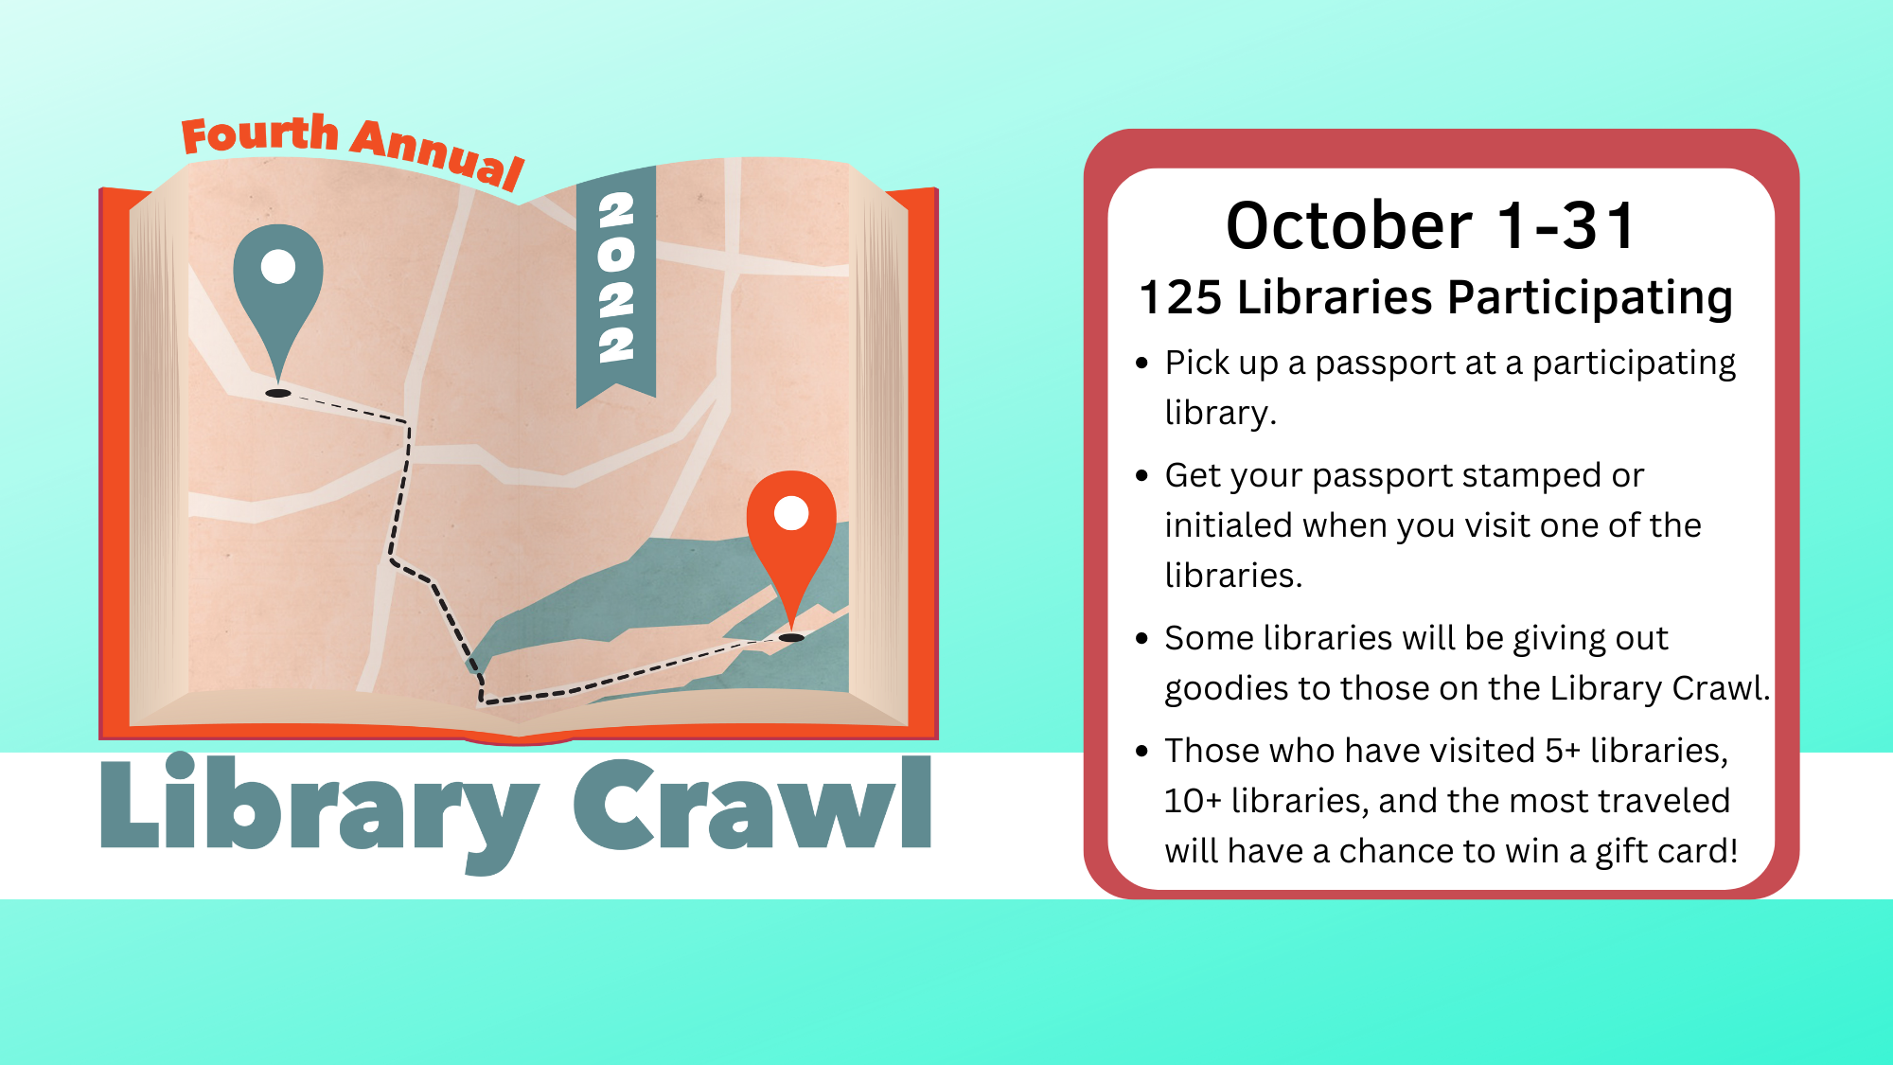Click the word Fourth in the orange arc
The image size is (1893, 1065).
[x=259, y=134]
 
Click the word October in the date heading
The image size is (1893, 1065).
[x=1349, y=226]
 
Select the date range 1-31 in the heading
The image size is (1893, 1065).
[x=1567, y=226]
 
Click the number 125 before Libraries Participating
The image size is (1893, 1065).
[x=1181, y=297]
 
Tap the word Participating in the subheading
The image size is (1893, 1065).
[x=1590, y=299]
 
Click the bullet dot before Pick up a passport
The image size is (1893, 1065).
[x=1142, y=363]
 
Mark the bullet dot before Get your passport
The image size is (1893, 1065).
[x=1142, y=475]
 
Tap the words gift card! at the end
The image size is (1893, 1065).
[x=1667, y=851]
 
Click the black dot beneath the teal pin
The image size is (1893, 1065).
[x=278, y=393]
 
